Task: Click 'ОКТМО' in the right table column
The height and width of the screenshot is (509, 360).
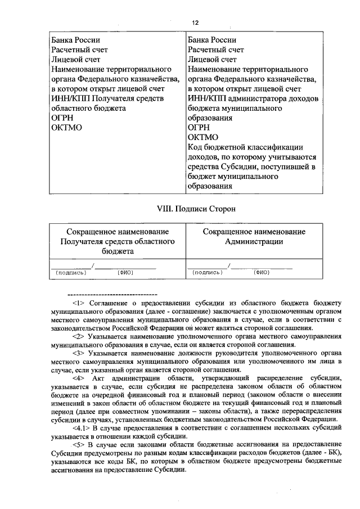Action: (202, 137)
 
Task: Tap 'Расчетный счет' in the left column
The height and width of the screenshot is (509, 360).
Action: (79, 49)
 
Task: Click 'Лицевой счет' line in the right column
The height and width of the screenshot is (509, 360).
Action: (212, 59)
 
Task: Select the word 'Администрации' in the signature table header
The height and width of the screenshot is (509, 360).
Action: (254, 242)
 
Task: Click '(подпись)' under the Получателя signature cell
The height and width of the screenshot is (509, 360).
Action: (71, 272)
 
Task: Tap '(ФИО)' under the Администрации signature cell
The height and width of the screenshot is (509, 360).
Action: (262, 272)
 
